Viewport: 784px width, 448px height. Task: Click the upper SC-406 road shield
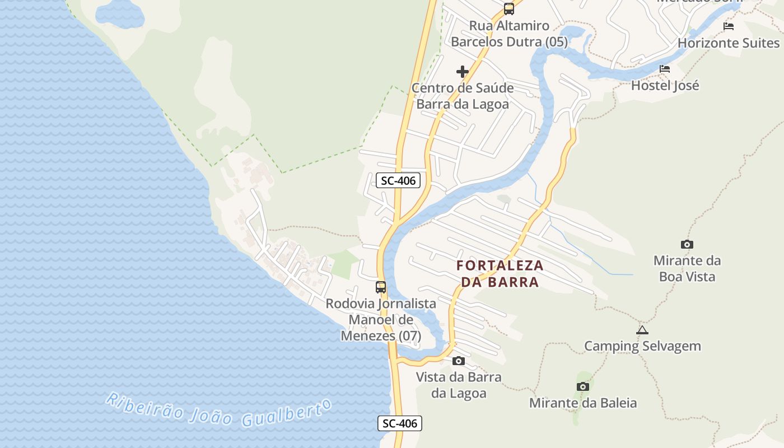(398, 180)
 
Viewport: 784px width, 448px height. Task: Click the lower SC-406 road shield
(400, 423)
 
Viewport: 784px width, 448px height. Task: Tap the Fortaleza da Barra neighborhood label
(500, 273)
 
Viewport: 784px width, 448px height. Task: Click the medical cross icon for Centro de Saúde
(463, 72)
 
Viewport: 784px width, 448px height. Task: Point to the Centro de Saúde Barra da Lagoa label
(463, 96)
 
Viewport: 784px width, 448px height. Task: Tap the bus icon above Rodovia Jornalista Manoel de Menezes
(381, 287)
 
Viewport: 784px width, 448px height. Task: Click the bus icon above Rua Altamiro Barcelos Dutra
(508, 9)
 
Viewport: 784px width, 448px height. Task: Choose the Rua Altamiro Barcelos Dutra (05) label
(509, 34)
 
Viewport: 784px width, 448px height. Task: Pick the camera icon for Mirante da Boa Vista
(687, 244)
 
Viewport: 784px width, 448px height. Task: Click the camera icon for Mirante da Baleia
(583, 386)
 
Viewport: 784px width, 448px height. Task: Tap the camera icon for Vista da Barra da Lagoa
(459, 361)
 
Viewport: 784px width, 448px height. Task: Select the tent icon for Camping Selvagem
(642, 330)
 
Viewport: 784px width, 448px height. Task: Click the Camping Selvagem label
(642, 346)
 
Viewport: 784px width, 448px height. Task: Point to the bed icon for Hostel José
(665, 69)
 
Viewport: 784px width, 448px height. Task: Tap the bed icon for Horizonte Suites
(729, 26)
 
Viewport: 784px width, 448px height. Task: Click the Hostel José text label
(665, 86)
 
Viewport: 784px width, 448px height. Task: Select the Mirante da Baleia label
(583, 403)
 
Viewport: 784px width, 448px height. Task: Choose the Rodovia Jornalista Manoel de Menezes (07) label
(381, 320)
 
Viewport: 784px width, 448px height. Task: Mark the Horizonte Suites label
(729, 43)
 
